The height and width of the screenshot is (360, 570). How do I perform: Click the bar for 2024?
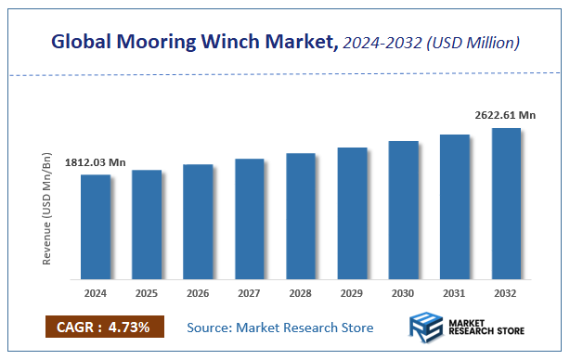coord(95,226)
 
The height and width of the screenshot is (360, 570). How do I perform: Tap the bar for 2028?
coord(301,215)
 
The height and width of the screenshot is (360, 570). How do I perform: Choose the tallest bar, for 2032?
coord(506,203)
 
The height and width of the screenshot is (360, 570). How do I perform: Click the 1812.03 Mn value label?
coord(95,162)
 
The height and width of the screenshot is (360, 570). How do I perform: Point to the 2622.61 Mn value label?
coord(506,115)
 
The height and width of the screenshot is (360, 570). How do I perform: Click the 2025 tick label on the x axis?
coord(147,293)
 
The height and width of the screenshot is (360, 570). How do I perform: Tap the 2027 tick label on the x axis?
coord(249,293)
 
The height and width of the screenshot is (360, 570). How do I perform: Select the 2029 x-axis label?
coord(352,293)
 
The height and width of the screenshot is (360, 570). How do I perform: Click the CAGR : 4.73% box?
coord(104,327)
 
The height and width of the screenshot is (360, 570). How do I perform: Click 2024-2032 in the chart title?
coord(381,42)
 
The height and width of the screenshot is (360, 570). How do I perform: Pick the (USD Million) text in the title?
coord(473,42)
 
